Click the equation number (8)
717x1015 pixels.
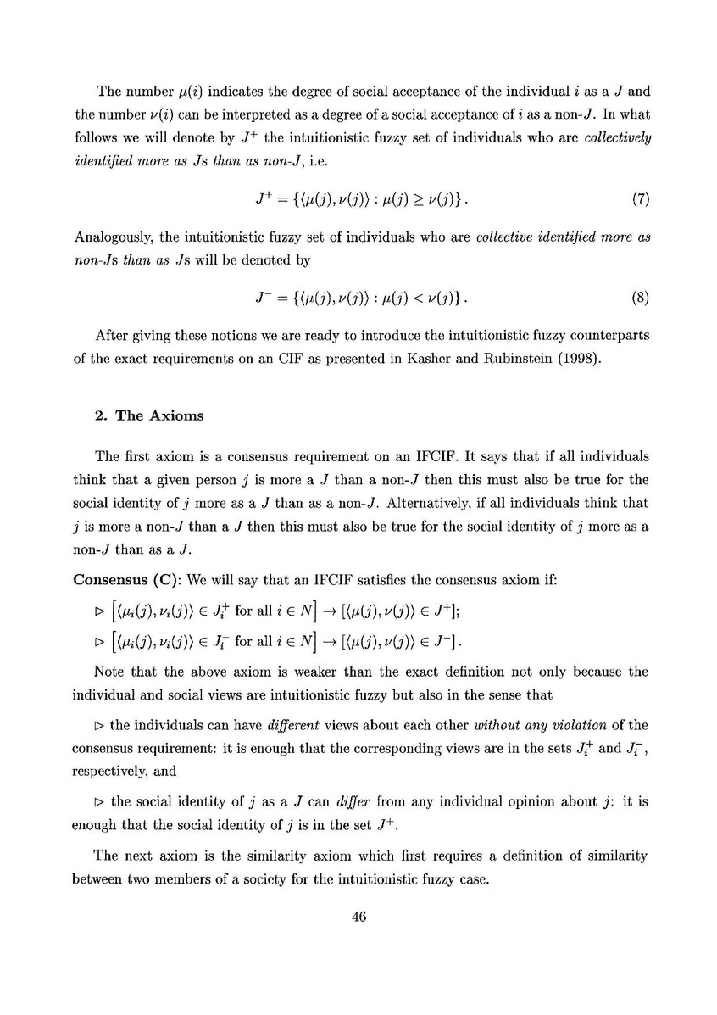pos(641,298)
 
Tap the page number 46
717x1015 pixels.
pos(358,916)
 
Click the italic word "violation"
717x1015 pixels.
pos(592,701)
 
